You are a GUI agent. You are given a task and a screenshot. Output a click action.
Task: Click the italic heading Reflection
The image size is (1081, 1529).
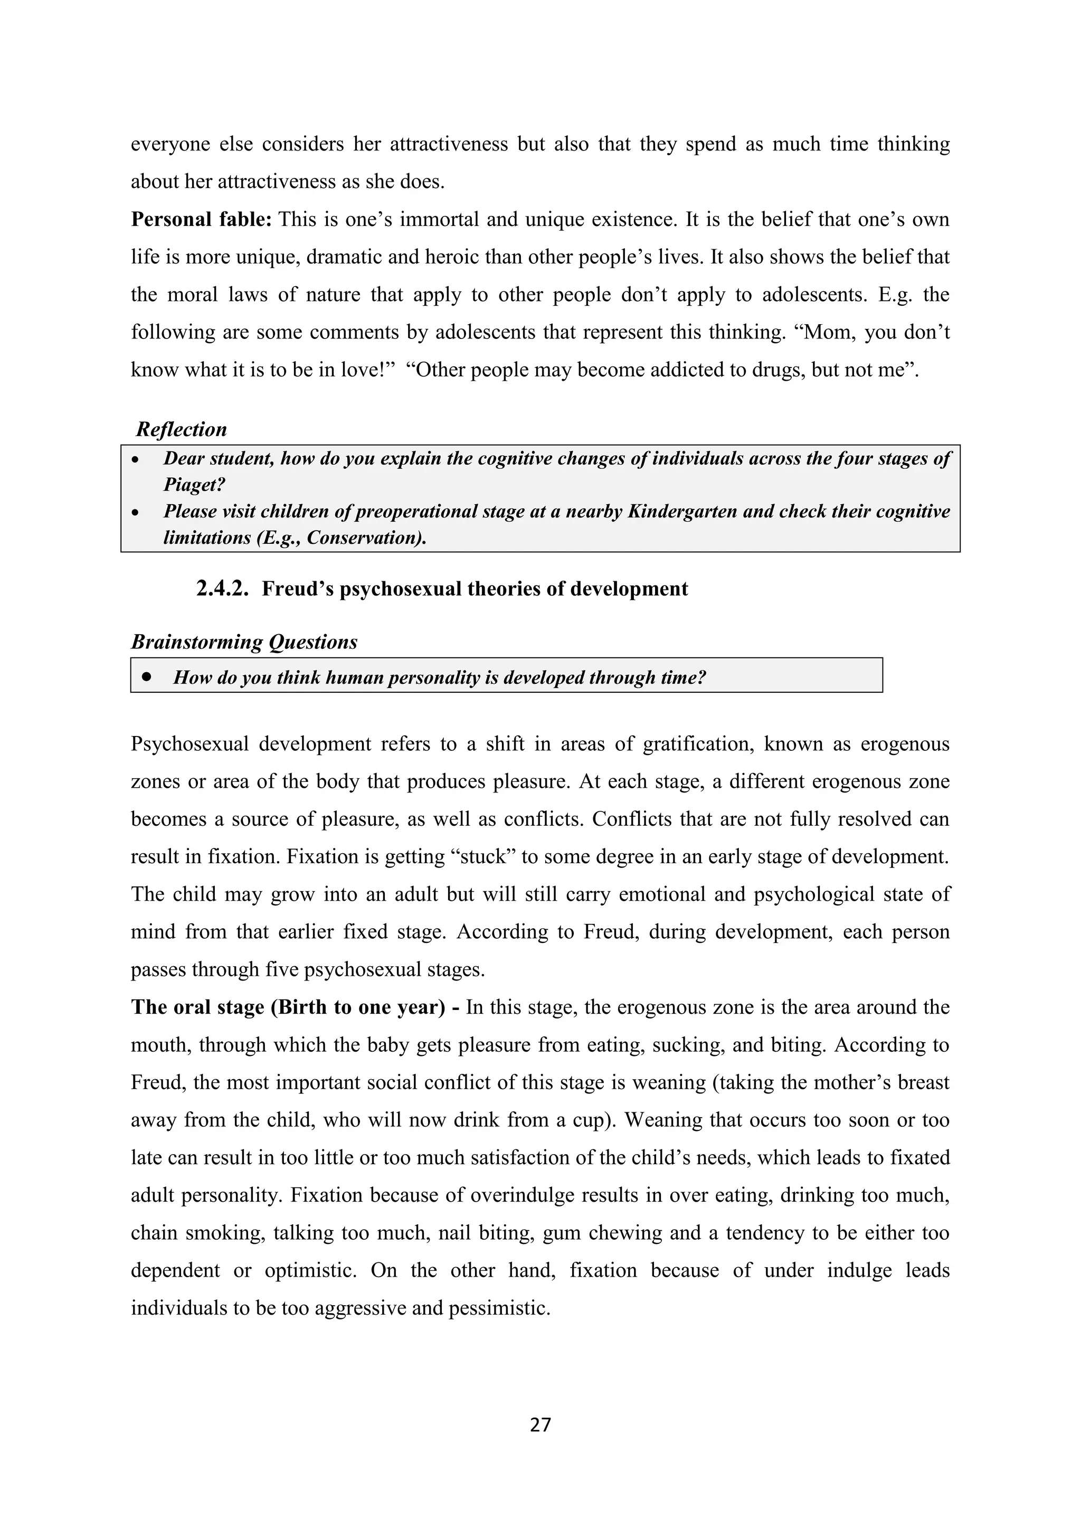(x=181, y=430)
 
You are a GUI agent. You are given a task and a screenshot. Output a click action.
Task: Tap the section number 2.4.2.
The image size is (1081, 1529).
(x=222, y=589)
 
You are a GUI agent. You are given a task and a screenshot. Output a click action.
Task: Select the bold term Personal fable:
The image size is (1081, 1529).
(x=201, y=219)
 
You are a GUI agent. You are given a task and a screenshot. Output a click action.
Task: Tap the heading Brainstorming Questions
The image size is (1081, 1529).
(x=244, y=642)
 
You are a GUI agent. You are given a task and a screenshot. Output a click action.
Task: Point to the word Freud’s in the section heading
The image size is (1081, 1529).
(x=298, y=589)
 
